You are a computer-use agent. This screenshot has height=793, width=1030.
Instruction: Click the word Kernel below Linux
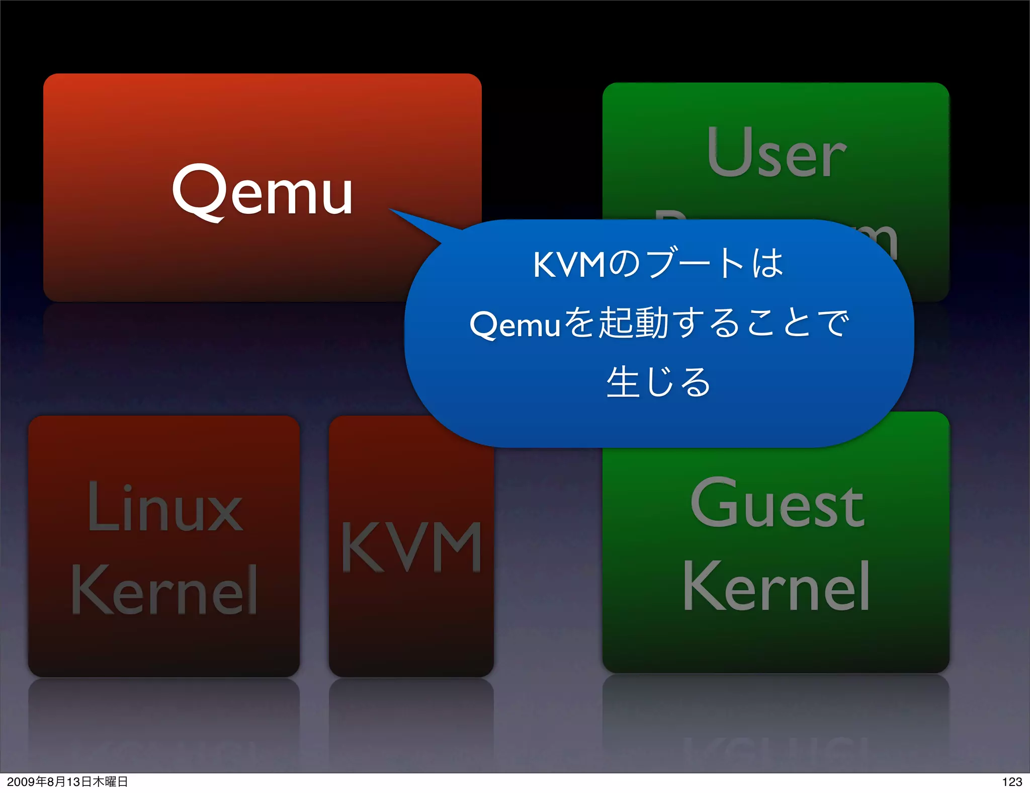[164, 590]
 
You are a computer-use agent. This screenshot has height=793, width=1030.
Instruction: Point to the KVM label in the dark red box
[411, 547]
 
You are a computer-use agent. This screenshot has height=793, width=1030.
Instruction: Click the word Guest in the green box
[777, 503]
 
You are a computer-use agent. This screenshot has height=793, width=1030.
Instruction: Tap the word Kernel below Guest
[776, 587]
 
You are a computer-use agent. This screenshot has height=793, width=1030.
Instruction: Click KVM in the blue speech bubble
[569, 265]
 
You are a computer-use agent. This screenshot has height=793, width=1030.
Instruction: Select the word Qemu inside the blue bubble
[514, 325]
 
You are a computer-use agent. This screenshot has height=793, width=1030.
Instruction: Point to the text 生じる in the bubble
[658, 382]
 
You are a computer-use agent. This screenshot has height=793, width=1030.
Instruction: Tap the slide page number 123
[1012, 781]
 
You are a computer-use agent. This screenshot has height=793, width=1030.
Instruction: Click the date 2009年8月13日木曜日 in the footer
[67, 781]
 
